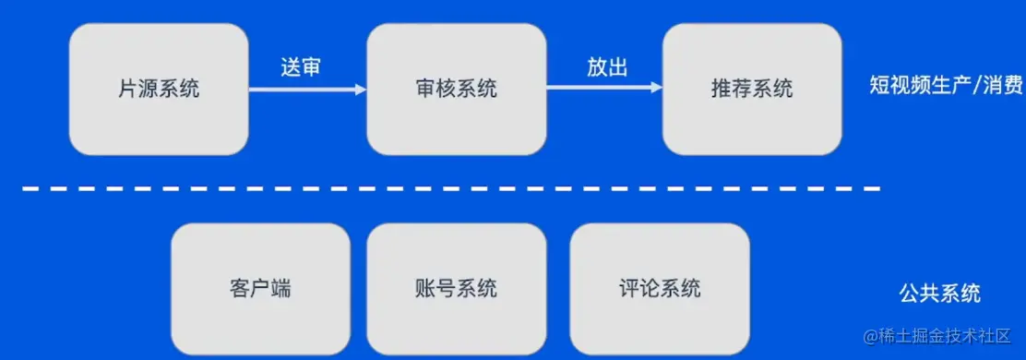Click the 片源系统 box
159,89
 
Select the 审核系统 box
456,89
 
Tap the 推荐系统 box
752,89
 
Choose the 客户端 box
260,288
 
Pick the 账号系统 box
456,288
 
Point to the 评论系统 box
659,288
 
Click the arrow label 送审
301,66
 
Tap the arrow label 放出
607,66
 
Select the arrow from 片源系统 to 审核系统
304,89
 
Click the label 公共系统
939,294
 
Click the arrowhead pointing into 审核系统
361,89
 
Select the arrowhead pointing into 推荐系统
656,89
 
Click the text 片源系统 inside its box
159,89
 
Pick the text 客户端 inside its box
260,288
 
